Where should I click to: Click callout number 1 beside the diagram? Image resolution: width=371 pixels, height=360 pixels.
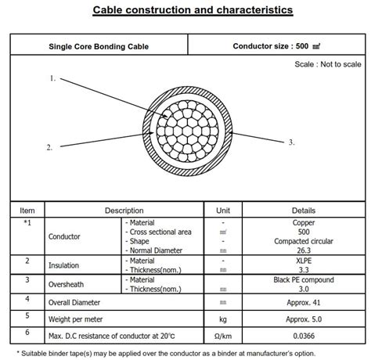[x=52, y=78]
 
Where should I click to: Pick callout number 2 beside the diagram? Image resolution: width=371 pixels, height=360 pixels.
[x=49, y=146]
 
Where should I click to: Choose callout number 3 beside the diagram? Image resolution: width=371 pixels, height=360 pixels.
[x=291, y=142]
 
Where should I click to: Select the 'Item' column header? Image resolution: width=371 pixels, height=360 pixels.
[x=27, y=211]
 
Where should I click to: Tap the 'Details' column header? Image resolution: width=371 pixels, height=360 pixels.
[x=304, y=211]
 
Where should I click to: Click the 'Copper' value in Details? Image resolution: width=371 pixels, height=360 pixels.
[x=304, y=222]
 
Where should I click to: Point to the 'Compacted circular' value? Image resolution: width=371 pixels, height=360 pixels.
[x=304, y=241]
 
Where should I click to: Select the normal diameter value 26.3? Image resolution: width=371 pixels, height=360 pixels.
[x=304, y=250]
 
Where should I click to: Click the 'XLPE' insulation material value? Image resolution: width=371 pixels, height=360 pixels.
[x=304, y=260]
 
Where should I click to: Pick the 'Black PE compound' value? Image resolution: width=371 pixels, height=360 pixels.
[x=304, y=279]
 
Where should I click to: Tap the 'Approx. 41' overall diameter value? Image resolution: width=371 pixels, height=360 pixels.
[x=304, y=301]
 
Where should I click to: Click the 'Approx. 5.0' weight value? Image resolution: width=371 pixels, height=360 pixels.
[x=304, y=319]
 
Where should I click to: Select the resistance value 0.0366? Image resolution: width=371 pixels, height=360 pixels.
[x=304, y=337]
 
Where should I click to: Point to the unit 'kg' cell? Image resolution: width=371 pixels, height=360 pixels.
[x=223, y=319]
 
